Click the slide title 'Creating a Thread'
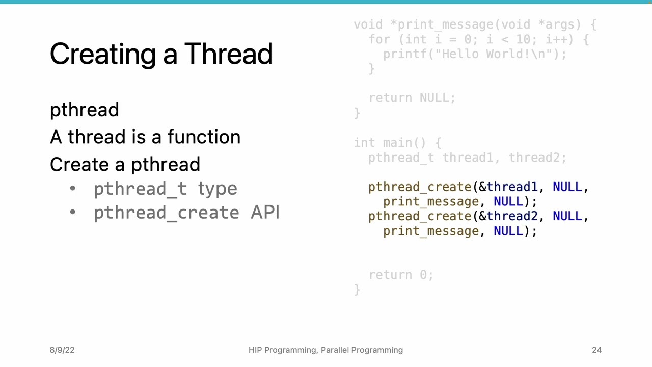[x=161, y=54]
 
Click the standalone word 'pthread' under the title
[x=85, y=110]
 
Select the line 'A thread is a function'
[x=145, y=137]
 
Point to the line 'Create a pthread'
[x=125, y=165]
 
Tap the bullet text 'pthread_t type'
[x=165, y=189]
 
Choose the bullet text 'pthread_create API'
[x=186, y=213]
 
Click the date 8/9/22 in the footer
[x=62, y=350]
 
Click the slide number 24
[x=596, y=350]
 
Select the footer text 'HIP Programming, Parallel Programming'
[x=325, y=350]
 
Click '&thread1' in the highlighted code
[x=508, y=187]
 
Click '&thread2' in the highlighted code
[x=508, y=217]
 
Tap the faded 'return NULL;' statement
[x=412, y=98]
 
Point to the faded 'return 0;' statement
[x=401, y=275]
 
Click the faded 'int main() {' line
[x=397, y=143]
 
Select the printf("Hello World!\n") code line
[x=474, y=54]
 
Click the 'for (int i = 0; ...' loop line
[x=478, y=39]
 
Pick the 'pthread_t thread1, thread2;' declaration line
[x=467, y=158]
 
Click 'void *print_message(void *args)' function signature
[x=474, y=24]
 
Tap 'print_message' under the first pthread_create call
[x=430, y=202]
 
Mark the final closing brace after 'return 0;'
[x=357, y=290]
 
